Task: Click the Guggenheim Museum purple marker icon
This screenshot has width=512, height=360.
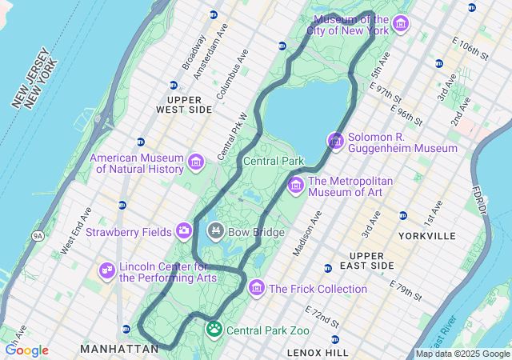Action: (x=335, y=142)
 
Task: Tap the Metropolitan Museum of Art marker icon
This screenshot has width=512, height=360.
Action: (x=295, y=186)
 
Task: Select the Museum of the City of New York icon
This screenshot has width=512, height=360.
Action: (x=401, y=25)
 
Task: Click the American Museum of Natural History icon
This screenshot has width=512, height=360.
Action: (x=195, y=164)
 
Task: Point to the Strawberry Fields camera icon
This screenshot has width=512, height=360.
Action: (x=184, y=232)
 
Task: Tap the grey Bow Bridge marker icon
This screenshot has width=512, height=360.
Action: (x=215, y=232)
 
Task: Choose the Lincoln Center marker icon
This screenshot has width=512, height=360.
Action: (x=106, y=272)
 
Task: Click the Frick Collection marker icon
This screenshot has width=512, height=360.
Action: (x=257, y=288)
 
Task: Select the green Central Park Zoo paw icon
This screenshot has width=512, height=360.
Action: (x=214, y=329)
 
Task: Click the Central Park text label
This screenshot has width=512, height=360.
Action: (x=274, y=161)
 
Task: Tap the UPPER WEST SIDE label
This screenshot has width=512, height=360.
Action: (x=184, y=103)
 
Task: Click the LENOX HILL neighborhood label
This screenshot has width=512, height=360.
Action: (x=318, y=352)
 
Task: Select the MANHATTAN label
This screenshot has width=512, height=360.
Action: (x=119, y=349)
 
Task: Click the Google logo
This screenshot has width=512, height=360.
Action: (x=26, y=350)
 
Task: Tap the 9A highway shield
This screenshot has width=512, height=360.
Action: (x=38, y=236)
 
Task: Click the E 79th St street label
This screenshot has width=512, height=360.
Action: (x=406, y=291)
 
